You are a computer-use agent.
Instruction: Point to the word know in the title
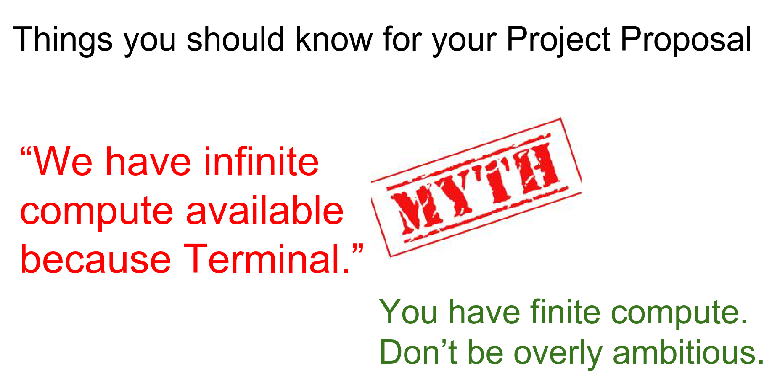[334, 39]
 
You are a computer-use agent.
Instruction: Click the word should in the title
[235, 39]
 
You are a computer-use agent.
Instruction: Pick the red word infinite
[261, 162]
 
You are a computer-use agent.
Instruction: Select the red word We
[63, 162]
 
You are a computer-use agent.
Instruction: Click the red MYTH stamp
[476, 187]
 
